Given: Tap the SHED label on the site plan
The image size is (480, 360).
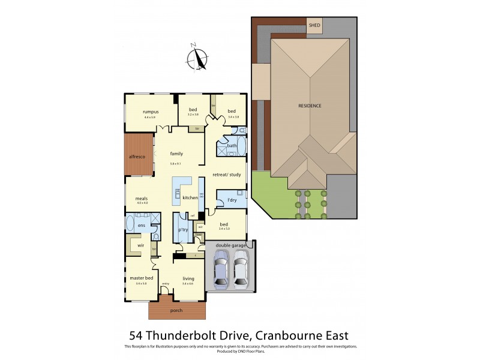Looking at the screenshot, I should (x=314, y=25).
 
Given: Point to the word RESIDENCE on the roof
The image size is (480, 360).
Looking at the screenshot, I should (x=310, y=106).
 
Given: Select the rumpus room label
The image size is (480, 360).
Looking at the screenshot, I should (x=150, y=112).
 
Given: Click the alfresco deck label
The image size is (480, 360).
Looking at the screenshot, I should (x=138, y=157).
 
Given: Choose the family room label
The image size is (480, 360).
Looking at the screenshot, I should (x=176, y=154).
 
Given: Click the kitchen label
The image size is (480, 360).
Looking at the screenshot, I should (x=190, y=197).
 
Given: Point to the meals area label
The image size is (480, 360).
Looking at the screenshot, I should (x=142, y=199).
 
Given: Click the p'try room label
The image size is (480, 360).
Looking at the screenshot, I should (x=184, y=229).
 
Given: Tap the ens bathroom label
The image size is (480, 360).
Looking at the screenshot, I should (x=142, y=225).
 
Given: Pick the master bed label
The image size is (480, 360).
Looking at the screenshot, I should (x=142, y=278).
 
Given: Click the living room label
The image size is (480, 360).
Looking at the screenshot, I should (x=188, y=278).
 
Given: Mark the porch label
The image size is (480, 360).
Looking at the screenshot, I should (x=176, y=310).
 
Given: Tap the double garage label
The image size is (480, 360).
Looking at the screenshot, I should (x=228, y=245).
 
